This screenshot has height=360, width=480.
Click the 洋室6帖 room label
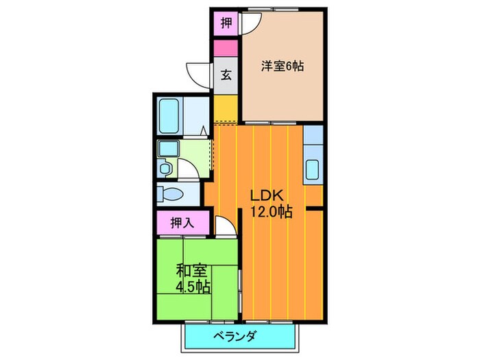click(x=282, y=67)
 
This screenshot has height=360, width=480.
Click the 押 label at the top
click(x=226, y=23)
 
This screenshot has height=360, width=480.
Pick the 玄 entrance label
click(x=226, y=75)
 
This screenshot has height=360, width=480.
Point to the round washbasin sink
click(x=165, y=167)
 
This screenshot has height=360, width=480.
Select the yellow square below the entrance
click(x=225, y=108)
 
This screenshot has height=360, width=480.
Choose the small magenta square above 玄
click(x=226, y=49)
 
